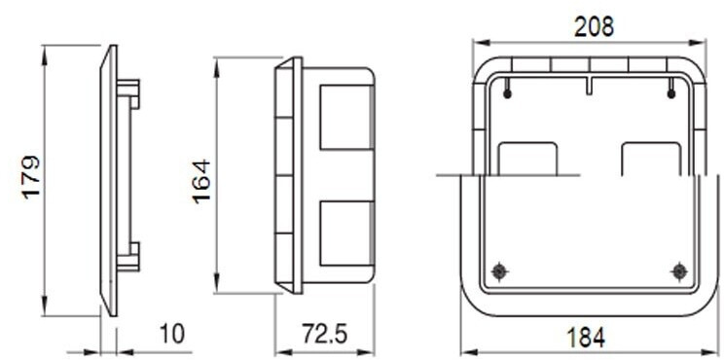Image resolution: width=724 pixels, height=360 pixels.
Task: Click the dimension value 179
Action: (x=31, y=178)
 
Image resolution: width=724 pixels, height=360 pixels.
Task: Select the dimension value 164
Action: (x=201, y=182)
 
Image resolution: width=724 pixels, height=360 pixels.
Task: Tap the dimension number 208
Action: (x=595, y=27)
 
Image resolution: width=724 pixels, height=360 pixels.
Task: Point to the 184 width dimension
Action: (x=586, y=338)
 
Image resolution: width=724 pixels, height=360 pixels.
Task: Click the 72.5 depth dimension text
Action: (x=324, y=334)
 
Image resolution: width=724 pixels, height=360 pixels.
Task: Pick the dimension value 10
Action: (x=171, y=334)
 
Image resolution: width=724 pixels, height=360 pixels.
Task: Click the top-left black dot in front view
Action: (x=507, y=94)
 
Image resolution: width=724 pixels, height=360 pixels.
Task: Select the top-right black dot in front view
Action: (x=671, y=94)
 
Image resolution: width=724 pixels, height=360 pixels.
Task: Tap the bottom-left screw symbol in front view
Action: (x=498, y=270)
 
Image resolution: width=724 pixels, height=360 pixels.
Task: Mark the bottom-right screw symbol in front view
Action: (x=679, y=270)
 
